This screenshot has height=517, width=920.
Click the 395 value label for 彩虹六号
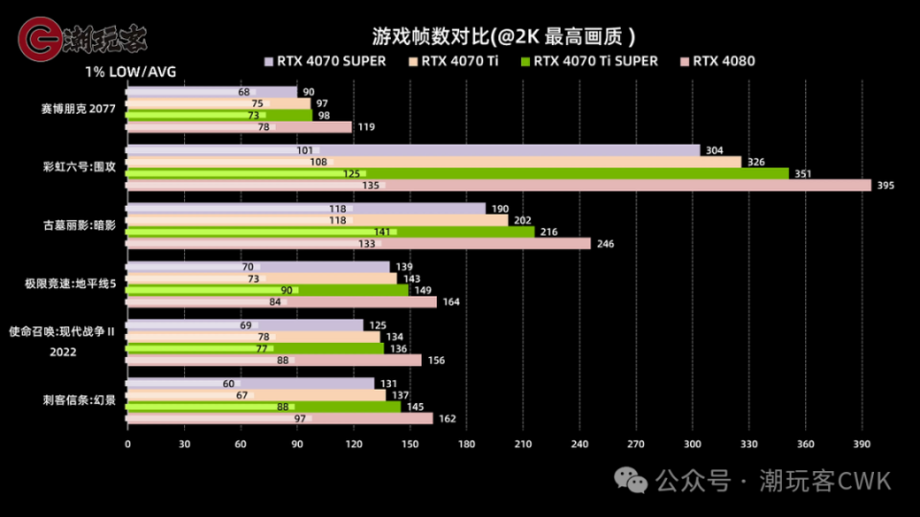pyautogui.click(x=885, y=185)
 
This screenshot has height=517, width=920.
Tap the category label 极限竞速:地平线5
pyautogui.click(x=70, y=283)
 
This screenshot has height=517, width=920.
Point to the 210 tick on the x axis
pyautogui.click(x=523, y=443)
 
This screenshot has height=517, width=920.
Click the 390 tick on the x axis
pyautogui.click(x=862, y=443)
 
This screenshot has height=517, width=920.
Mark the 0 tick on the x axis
pyautogui.click(x=127, y=443)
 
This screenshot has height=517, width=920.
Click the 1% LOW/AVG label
pyautogui.click(x=130, y=72)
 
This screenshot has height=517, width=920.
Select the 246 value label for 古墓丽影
pyautogui.click(x=605, y=243)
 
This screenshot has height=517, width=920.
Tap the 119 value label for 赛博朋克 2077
pyautogui.click(x=366, y=126)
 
